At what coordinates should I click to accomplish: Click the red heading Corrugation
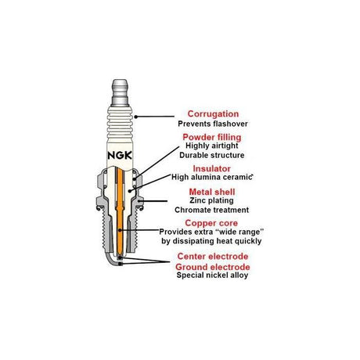coord(213,114)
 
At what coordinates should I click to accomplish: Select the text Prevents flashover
coord(213,124)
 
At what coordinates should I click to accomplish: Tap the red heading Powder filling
coord(212,137)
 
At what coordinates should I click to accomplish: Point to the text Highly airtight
coord(212,146)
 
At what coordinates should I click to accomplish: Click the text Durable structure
coord(212,155)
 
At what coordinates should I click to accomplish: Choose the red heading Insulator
coord(211,169)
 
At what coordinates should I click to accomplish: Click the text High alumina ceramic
coord(211,177)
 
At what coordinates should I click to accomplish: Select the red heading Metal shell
coord(212,192)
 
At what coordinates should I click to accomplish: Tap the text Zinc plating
coord(211,200)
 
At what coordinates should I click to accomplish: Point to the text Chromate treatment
coord(211,210)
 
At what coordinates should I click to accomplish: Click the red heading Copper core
coord(211,223)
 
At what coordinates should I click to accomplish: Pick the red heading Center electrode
coord(213,256)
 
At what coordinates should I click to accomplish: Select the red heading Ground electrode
coord(213,267)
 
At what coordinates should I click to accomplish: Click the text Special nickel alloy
coord(212,275)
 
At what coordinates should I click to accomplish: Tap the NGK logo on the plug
coord(120,156)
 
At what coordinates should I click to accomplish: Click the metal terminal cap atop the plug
coord(120,92)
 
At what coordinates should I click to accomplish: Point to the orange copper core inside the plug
coord(120,212)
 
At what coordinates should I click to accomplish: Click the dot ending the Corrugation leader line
coord(135,117)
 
